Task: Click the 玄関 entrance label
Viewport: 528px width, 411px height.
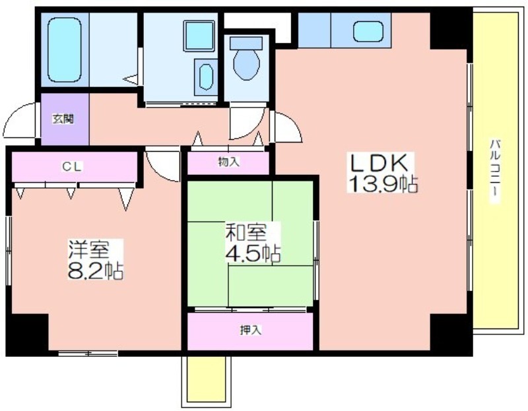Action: (63, 119)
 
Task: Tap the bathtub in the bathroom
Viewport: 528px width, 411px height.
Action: (64, 50)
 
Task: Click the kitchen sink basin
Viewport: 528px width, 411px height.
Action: (368, 31)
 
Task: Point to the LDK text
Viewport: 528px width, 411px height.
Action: (381, 164)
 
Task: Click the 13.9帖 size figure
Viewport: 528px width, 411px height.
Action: (383, 183)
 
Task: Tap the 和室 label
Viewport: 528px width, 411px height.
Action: (246, 233)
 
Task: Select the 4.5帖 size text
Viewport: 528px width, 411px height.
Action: (253, 253)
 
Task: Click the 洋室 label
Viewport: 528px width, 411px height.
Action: (89, 250)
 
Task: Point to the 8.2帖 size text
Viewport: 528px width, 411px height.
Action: (95, 270)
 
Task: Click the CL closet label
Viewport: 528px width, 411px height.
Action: (73, 166)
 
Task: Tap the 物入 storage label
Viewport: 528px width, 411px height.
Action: (228, 162)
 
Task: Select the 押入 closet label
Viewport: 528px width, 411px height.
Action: (251, 331)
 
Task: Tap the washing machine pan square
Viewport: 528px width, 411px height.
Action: (199, 36)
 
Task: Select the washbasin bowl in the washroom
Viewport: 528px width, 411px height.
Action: (206, 77)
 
